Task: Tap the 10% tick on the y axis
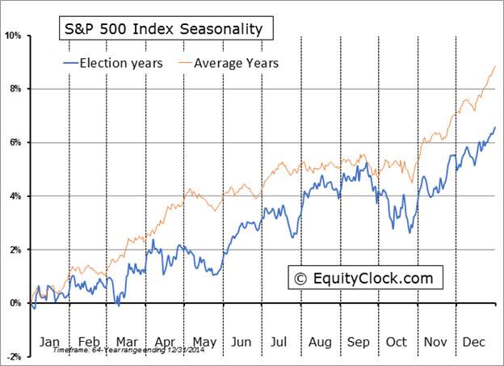(x=13, y=36)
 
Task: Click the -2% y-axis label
(x=14, y=356)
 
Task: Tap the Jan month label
(x=48, y=342)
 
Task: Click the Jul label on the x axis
(x=279, y=342)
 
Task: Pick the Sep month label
(x=358, y=342)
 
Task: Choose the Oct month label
(x=396, y=342)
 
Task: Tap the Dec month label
(x=474, y=342)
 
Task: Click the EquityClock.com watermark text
(x=372, y=279)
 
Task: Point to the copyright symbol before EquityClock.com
(x=300, y=279)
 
